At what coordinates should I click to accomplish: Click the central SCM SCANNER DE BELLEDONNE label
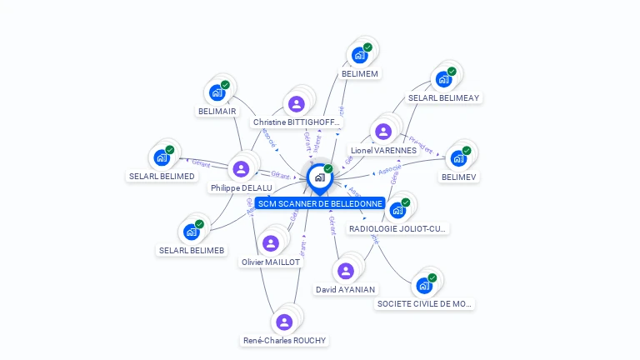tap(319, 203)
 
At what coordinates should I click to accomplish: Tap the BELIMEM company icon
tap(360, 55)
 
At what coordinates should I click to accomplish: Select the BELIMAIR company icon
tap(217, 92)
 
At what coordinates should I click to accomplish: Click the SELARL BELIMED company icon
tap(162, 157)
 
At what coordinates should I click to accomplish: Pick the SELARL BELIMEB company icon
tap(192, 232)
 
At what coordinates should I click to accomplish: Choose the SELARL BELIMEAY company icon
tap(443, 79)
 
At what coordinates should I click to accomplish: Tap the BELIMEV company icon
tap(458, 158)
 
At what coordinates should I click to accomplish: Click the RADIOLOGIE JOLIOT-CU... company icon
tap(397, 209)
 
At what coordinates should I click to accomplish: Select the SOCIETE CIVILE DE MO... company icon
tap(424, 286)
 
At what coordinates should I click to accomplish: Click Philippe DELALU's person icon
tap(241, 169)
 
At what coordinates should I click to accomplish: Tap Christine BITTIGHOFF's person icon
tap(296, 104)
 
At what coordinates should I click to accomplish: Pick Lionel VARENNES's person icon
tap(383, 132)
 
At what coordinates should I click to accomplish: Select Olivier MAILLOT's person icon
tap(270, 243)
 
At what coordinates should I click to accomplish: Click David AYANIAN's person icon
tap(345, 271)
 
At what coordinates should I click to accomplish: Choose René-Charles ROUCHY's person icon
tap(284, 322)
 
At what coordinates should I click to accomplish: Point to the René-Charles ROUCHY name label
tap(284, 340)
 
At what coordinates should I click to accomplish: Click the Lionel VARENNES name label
tap(383, 151)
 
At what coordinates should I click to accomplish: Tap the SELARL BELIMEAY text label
tap(443, 97)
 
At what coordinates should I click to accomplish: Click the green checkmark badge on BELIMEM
tap(367, 47)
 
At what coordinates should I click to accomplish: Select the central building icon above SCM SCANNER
tap(319, 177)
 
